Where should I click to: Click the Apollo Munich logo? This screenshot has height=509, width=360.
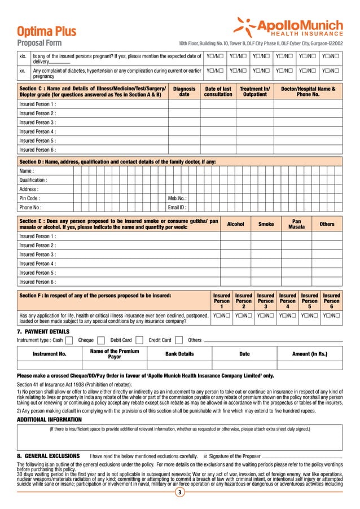coord(288,27)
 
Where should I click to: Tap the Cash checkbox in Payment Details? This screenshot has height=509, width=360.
coord(68,340)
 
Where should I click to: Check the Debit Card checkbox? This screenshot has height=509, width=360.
coord(139,340)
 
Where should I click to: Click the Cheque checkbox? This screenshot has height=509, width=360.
coord(101,340)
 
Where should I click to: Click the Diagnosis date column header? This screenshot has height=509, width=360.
coord(184,91)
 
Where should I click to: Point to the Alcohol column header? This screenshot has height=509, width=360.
coord(235,224)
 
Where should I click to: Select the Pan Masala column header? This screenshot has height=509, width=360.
coord(296,224)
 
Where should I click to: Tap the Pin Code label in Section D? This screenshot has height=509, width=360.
coord(29,199)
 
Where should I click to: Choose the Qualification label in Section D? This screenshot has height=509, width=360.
coord(33,180)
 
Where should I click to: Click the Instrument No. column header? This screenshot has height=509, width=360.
coord(50,354)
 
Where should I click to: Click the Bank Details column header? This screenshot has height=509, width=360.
coord(179,354)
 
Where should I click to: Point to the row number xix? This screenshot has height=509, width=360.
coord(23,56)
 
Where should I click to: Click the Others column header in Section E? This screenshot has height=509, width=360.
coord(327,224)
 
